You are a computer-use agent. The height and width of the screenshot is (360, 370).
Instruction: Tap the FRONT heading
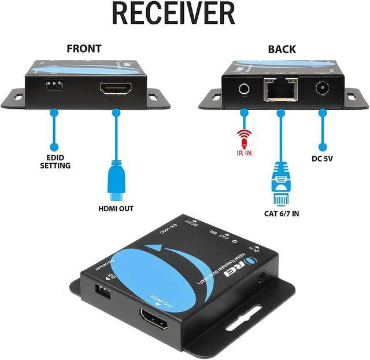click(x=84, y=49)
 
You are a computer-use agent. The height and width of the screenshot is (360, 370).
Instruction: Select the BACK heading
click(x=282, y=49)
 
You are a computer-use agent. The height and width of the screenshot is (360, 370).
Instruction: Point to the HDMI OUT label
click(x=116, y=208)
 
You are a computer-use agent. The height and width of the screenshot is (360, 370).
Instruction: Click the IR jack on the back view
click(x=245, y=89)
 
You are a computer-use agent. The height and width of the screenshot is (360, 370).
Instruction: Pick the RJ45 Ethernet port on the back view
click(x=280, y=90)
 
